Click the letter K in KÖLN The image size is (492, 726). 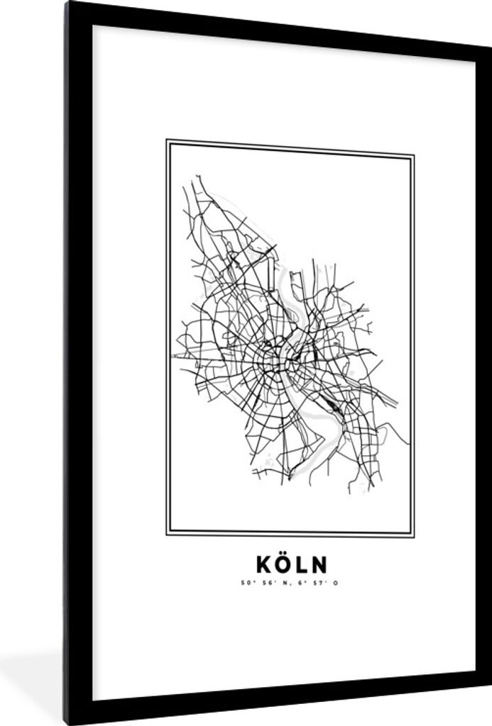click(x=264, y=564)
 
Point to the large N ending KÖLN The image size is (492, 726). click(x=319, y=564)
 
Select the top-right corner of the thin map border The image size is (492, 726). click(x=413, y=155)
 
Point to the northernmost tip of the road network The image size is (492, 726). click(x=197, y=175)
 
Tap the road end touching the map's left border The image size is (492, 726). click(x=173, y=355)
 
